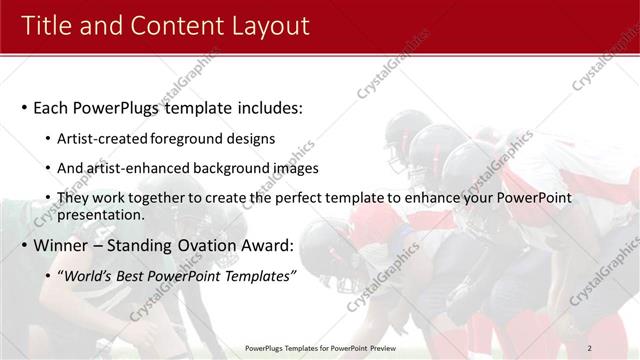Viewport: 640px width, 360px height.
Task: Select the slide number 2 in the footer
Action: pyautogui.click(x=589, y=347)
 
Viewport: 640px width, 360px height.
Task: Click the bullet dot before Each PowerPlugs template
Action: pyautogui.click(x=23, y=108)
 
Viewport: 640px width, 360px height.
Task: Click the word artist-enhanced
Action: pyautogui.click(x=133, y=168)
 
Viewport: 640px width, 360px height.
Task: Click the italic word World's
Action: pyautogui.click(x=88, y=275)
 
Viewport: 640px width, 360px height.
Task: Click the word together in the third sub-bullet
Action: pyautogui.click(x=137, y=198)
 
